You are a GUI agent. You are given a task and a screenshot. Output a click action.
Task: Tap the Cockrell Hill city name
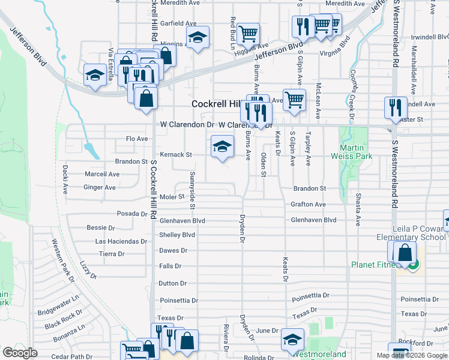(215, 104)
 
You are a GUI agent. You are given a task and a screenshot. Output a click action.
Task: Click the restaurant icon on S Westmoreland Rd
(396, 107)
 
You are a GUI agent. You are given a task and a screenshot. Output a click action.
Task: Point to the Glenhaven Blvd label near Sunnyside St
(182, 221)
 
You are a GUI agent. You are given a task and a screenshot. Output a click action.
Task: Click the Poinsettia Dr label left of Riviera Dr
(178, 300)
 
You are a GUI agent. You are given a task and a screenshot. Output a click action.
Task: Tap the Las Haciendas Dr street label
(121, 241)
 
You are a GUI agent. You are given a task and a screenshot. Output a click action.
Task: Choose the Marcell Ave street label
(101, 175)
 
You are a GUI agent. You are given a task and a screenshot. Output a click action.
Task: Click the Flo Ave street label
(136, 139)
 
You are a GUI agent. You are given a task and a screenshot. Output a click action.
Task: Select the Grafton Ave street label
(308, 205)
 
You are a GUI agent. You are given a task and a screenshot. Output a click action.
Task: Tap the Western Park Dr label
(62, 261)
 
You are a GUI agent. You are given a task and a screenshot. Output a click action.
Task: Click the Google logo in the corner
(20, 353)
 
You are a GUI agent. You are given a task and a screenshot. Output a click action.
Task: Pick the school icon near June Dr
(293, 340)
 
